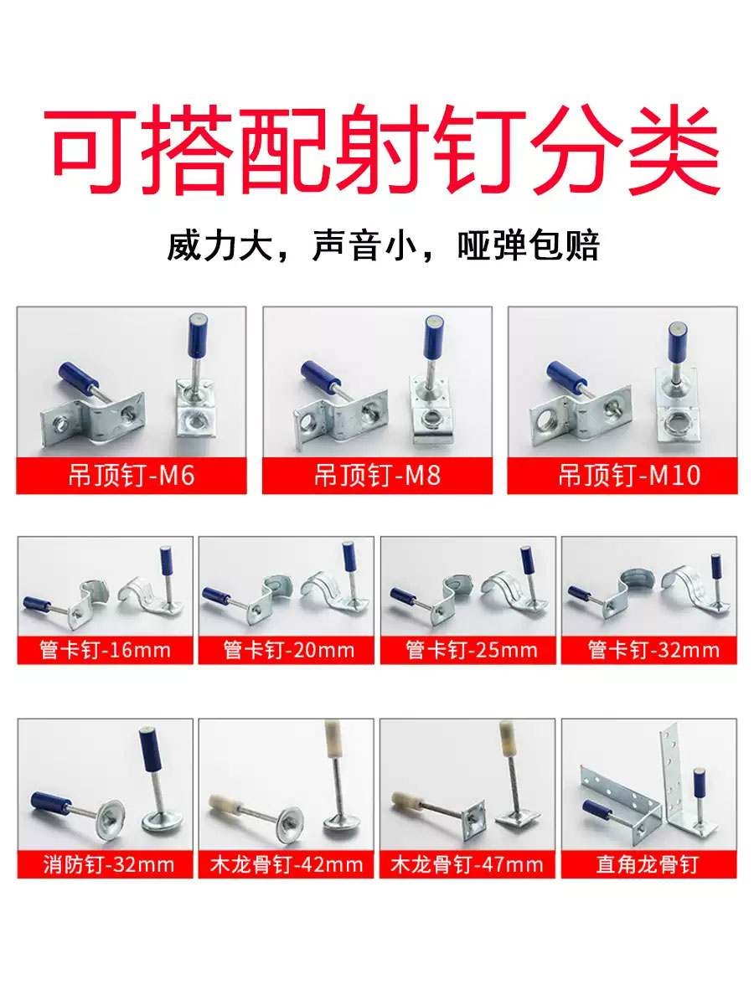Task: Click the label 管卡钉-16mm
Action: click(x=106, y=650)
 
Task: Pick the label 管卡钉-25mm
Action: click(x=471, y=650)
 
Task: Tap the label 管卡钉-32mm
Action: click(x=653, y=650)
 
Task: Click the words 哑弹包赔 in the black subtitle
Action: click(x=528, y=247)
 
